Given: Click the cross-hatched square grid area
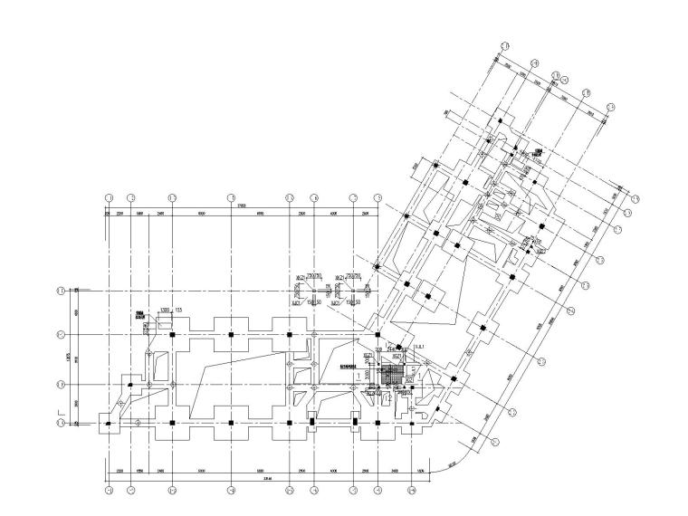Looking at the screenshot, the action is [x=392, y=374].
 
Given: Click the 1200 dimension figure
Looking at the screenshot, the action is [x=166, y=311].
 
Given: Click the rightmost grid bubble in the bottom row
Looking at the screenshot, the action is [x=412, y=492].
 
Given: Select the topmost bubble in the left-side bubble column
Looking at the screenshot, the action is [x=61, y=291].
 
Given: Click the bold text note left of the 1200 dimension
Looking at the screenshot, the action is [x=140, y=318].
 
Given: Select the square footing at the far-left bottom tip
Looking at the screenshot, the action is [x=108, y=423].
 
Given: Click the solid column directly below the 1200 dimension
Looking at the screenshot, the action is [x=171, y=335].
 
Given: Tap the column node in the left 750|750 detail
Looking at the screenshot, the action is [x=312, y=290].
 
